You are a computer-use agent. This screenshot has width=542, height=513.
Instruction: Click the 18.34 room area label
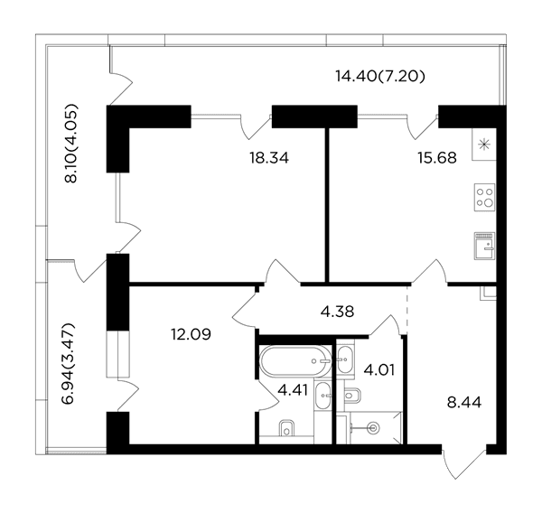tap(269, 158)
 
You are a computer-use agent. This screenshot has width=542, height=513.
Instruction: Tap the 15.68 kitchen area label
tap(437, 158)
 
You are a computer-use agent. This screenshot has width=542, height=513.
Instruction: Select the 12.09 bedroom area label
tap(191, 334)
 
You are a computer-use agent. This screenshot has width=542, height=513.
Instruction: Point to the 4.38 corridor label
tap(337, 312)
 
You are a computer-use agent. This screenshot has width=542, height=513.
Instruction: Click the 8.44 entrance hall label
tap(464, 403)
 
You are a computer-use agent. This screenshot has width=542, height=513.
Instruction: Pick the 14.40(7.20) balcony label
tap(380, 77)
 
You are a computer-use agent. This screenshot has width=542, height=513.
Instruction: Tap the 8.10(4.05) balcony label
tap(71, 143)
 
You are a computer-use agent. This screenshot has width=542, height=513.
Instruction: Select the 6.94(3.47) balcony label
tap(68, 364)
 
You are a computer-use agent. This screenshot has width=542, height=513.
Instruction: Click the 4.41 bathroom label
tap(293, 391)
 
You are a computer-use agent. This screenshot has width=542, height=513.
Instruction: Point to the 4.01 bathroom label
tap(378, 370)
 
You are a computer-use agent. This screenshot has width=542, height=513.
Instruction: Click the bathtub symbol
tap(295, 361)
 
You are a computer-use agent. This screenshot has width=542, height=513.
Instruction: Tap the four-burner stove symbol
tap(484, 198)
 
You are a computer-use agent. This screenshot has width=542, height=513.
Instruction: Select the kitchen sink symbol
tap(484, 246)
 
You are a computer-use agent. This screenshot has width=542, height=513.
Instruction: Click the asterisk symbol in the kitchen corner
tap(484, 145)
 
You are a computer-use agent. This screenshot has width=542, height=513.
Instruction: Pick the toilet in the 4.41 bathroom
tap(286, 428)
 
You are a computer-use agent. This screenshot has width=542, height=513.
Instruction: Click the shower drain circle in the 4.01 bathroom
tap(374, 428)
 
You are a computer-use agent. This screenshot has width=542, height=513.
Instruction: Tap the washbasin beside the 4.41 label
tap(322, 396)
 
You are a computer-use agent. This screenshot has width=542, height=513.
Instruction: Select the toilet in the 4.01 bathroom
tap(352, 395)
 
